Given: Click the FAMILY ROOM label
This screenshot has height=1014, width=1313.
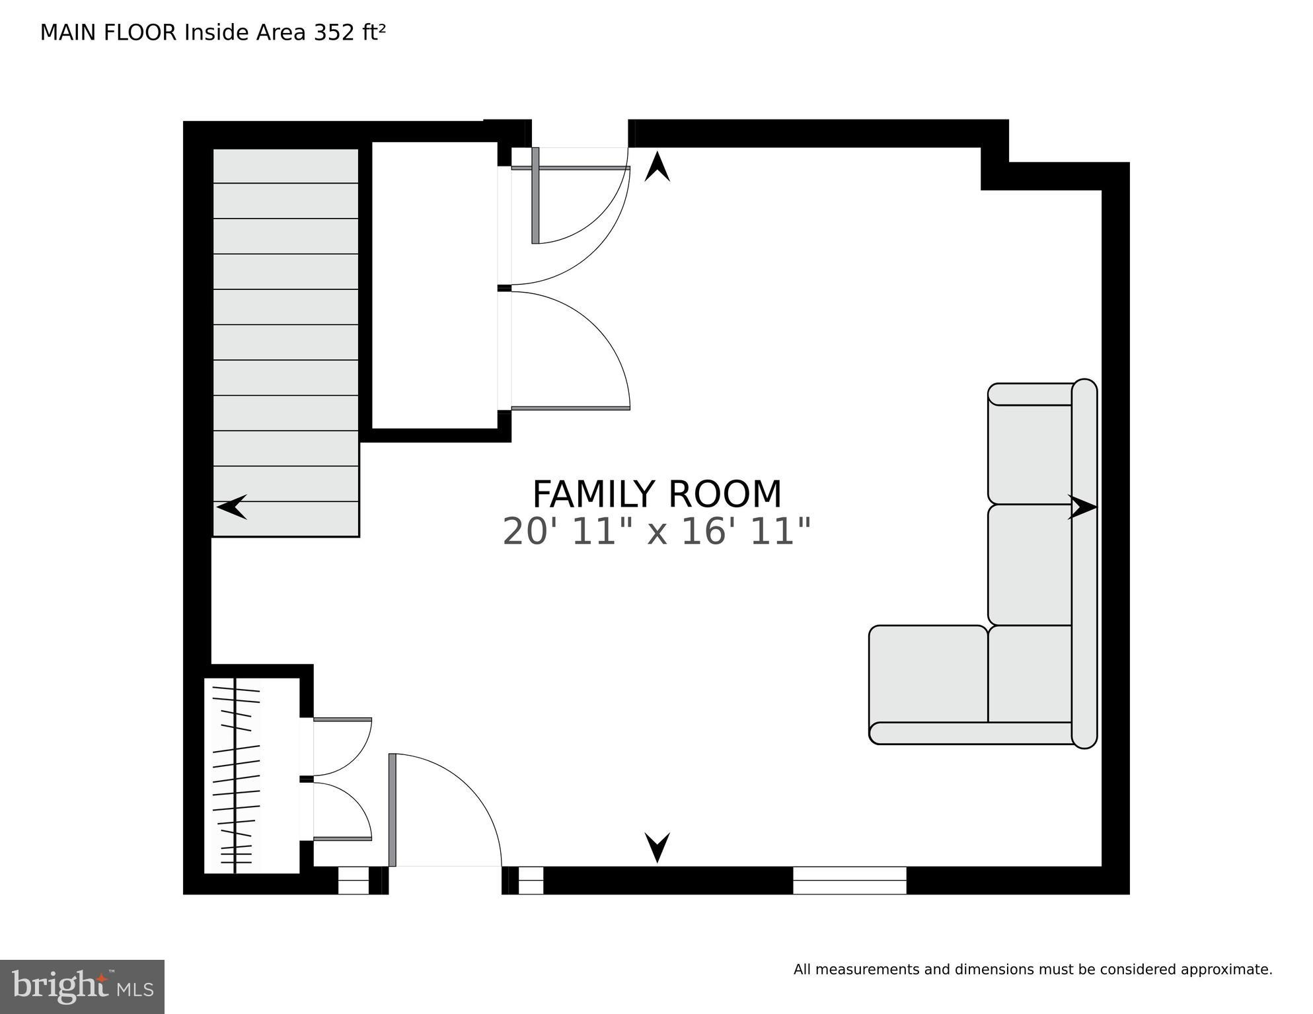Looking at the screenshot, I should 656,494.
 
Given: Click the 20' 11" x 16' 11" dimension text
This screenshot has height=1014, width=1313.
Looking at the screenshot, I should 656,532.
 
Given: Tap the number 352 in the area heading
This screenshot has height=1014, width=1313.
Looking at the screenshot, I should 334,33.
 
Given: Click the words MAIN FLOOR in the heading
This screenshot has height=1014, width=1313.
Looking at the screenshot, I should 108,33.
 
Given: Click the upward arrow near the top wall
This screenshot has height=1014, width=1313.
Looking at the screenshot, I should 657,166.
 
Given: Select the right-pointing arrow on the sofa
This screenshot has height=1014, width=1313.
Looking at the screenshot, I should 1082,507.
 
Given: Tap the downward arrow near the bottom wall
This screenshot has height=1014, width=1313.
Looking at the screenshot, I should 657,847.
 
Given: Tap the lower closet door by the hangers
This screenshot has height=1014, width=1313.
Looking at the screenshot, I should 342,811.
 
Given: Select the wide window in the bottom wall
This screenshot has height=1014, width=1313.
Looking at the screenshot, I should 849,881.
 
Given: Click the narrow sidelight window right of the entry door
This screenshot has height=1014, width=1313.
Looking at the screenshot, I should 530,881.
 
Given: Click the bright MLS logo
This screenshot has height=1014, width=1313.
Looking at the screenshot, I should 82,986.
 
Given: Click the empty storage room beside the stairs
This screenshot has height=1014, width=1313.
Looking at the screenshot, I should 434,284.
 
